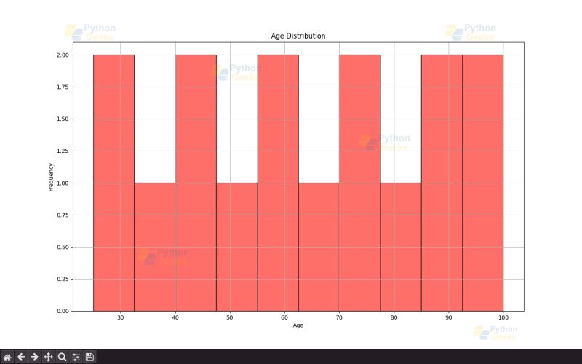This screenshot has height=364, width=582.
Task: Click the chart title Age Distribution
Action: (298, 36)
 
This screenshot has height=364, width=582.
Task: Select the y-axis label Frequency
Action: (51, 177)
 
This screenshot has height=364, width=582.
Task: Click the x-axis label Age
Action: (298, 325)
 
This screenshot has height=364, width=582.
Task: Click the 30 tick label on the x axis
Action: (120, 318)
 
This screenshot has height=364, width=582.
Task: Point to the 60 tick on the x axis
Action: (284, 318)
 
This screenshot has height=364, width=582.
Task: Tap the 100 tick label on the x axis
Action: (503, 318)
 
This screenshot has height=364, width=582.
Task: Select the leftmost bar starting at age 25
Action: (113, 183)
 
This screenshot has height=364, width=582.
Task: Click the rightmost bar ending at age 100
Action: (483, 183)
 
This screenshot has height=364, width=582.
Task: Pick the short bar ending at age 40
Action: (154, 247)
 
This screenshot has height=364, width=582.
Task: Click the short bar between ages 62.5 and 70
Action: (319, 247)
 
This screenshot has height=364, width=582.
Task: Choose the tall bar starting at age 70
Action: (359, 183)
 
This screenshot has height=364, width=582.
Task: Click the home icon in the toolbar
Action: (7, 357)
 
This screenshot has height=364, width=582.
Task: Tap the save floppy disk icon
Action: (89, 357)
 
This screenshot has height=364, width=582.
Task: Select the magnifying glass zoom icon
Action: (62, 357)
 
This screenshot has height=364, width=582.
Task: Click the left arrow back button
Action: (21, 357)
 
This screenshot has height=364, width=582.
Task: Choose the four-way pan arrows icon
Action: (48, 357)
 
